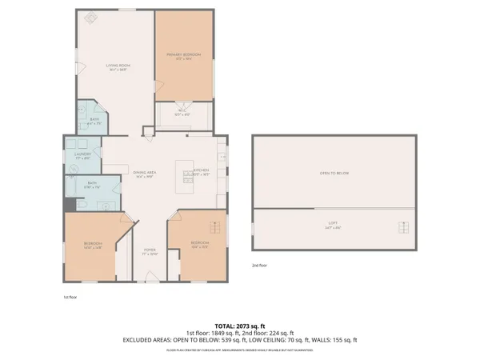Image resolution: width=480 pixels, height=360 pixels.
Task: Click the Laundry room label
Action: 82,156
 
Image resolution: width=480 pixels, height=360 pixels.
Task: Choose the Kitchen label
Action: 200,171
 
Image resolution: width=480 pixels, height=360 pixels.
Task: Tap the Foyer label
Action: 149,252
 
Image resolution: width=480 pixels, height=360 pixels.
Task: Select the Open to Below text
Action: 334,173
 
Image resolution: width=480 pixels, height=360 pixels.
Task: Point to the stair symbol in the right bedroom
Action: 213,226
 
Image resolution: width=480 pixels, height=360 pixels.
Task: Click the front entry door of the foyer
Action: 149,282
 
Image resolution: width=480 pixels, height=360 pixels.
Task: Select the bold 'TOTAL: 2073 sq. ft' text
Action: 239,326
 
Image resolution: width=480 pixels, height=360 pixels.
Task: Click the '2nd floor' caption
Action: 260,265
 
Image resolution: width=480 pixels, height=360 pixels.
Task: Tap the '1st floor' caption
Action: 71,297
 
